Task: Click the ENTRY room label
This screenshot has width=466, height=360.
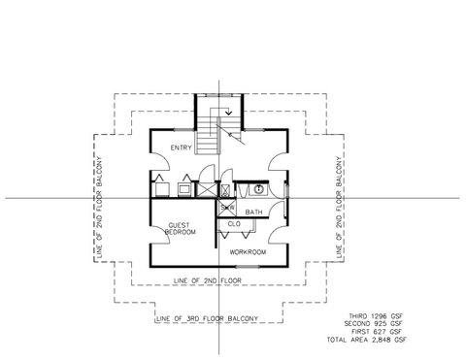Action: click(x=181, y=147)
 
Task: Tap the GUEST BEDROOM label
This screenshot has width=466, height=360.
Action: click(x=181, y=228)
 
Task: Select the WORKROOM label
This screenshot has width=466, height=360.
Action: click(x=248, y=252)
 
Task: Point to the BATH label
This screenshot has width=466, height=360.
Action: click(x=254, y=212)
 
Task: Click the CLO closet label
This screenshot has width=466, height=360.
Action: click(x=234, y=225)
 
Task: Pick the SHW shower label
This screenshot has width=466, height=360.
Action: click(x=227, y=207)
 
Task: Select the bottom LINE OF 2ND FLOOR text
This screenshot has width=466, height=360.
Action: click(x=208, y=280)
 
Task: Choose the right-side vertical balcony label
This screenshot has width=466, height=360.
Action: click(x=339, y=207)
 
